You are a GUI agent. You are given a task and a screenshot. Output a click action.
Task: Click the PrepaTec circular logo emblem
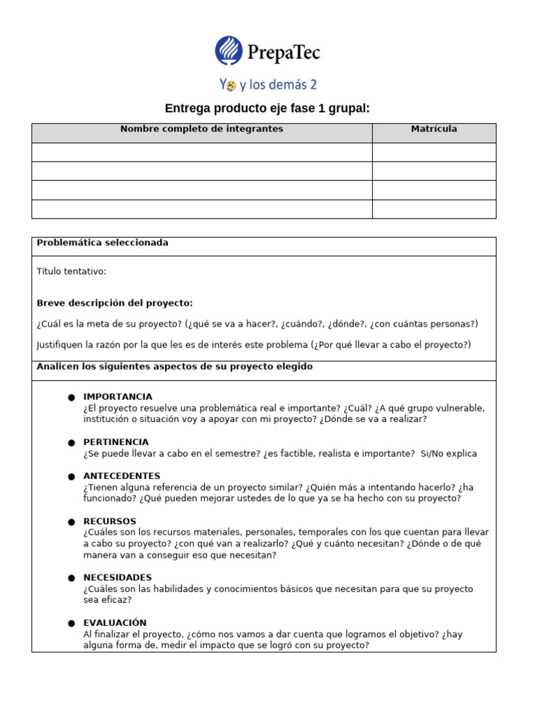229,51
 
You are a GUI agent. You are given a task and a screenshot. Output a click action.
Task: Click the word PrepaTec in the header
284,52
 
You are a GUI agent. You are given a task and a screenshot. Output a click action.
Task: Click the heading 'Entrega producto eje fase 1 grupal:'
267,109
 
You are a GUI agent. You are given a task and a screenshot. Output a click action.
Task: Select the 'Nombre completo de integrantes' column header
202,129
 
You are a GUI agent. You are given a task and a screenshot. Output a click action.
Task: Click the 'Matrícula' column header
434,129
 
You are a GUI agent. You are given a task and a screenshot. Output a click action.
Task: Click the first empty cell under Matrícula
434,152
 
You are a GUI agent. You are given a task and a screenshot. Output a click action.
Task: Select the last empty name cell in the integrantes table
202,209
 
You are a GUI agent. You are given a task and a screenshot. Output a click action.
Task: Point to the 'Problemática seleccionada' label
102,243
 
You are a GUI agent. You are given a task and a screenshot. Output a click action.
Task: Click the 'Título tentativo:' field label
71,272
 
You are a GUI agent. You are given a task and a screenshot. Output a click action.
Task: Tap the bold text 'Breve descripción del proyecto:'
115,303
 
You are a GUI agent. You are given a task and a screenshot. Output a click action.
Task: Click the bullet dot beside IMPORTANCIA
71,398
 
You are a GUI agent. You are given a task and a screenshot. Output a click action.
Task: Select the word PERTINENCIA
116,442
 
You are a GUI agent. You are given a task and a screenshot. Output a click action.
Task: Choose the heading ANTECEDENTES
121,476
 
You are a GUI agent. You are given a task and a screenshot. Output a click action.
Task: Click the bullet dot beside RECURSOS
71,522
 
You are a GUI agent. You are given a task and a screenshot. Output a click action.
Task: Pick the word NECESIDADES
118,578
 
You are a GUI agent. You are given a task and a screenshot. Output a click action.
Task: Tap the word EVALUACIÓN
115,623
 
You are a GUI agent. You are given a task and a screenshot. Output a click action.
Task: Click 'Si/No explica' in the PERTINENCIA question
449,454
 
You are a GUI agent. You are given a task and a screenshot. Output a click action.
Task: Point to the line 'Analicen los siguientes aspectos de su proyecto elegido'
175,367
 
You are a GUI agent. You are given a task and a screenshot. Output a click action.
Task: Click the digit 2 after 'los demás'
313,86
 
